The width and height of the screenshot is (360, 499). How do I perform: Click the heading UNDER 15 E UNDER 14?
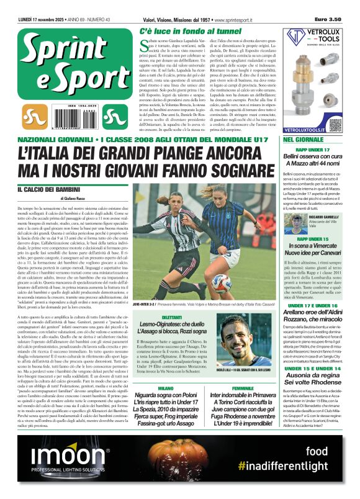coord(322,369)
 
